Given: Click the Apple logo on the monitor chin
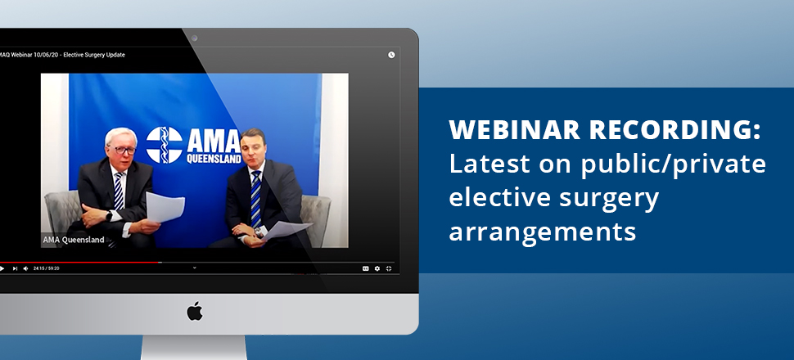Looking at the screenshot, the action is point(195,311).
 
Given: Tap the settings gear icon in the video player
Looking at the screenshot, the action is point(377,268).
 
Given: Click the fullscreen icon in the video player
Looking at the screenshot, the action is point(389,268).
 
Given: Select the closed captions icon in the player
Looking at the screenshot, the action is point(366,268).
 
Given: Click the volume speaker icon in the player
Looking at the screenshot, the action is point(26,268).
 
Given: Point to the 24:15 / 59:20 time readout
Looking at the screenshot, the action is point(47,268).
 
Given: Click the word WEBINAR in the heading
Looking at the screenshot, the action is point(515,129).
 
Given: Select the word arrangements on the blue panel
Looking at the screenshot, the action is point(543,232).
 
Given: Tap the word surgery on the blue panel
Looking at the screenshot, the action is point(609,198).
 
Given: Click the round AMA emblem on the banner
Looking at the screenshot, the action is point(164,145).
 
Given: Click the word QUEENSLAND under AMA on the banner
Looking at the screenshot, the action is point(214,159).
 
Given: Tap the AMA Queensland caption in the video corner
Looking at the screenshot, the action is point(74,240).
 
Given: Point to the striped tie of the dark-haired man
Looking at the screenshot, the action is point(255,199).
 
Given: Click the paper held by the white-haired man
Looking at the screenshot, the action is point(164,206).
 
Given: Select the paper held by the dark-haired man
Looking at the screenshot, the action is point(286,230).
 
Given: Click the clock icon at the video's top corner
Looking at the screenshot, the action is point(391,55).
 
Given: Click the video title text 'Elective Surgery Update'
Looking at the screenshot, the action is point(94,55).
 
